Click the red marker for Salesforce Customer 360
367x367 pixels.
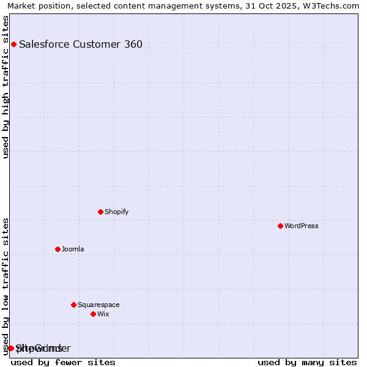(13, 44)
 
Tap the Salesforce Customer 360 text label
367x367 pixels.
(81, 44)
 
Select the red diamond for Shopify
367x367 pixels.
(100, 212)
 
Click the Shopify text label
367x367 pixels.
(116, 212)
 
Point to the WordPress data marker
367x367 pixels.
(280, 226)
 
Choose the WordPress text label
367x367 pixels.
(301, 226)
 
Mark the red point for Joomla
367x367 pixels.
(57, 249)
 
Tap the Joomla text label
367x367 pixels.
(73, 249)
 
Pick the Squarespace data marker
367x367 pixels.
(73, 305)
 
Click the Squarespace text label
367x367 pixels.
(98, 305)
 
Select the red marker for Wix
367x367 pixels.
(93, 314)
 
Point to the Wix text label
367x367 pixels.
(103, 314)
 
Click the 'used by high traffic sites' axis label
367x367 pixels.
(6, 87)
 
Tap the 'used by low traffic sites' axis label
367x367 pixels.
(6, 286)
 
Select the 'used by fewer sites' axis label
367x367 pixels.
(63, 362)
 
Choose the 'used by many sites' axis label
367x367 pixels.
(307, 362)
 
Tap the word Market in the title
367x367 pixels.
(21, 6)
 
